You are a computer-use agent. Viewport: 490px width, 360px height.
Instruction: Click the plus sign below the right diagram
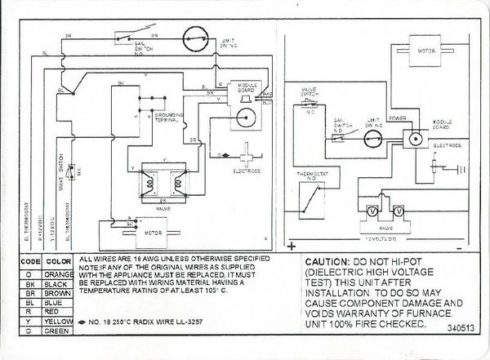(291, 244)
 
